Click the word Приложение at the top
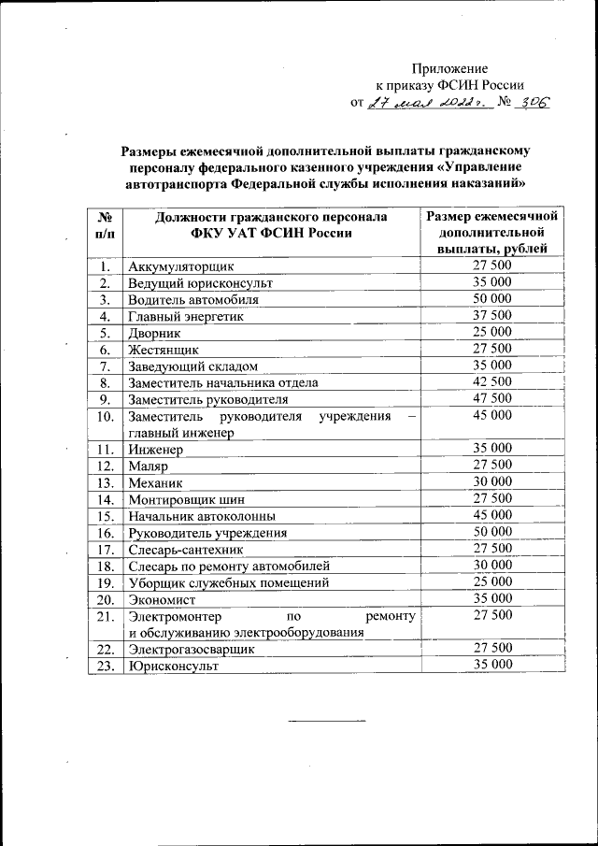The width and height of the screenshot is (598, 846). pos(451,68)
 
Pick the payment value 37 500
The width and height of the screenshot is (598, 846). pos(491,315)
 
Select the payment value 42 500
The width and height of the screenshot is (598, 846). pos(491,381)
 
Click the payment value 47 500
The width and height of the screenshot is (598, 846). pos(491,398)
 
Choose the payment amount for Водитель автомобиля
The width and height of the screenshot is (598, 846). pos(491,298)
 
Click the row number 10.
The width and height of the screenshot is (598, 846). pos(106,415)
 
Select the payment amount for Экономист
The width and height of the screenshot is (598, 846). pos(491,598)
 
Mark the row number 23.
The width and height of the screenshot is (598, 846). pos(106,666)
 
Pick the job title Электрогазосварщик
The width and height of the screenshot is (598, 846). pos(191,649)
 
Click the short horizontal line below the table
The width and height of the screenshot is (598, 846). pos(327,721)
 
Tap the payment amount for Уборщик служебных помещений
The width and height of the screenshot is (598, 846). pos(491,581)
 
